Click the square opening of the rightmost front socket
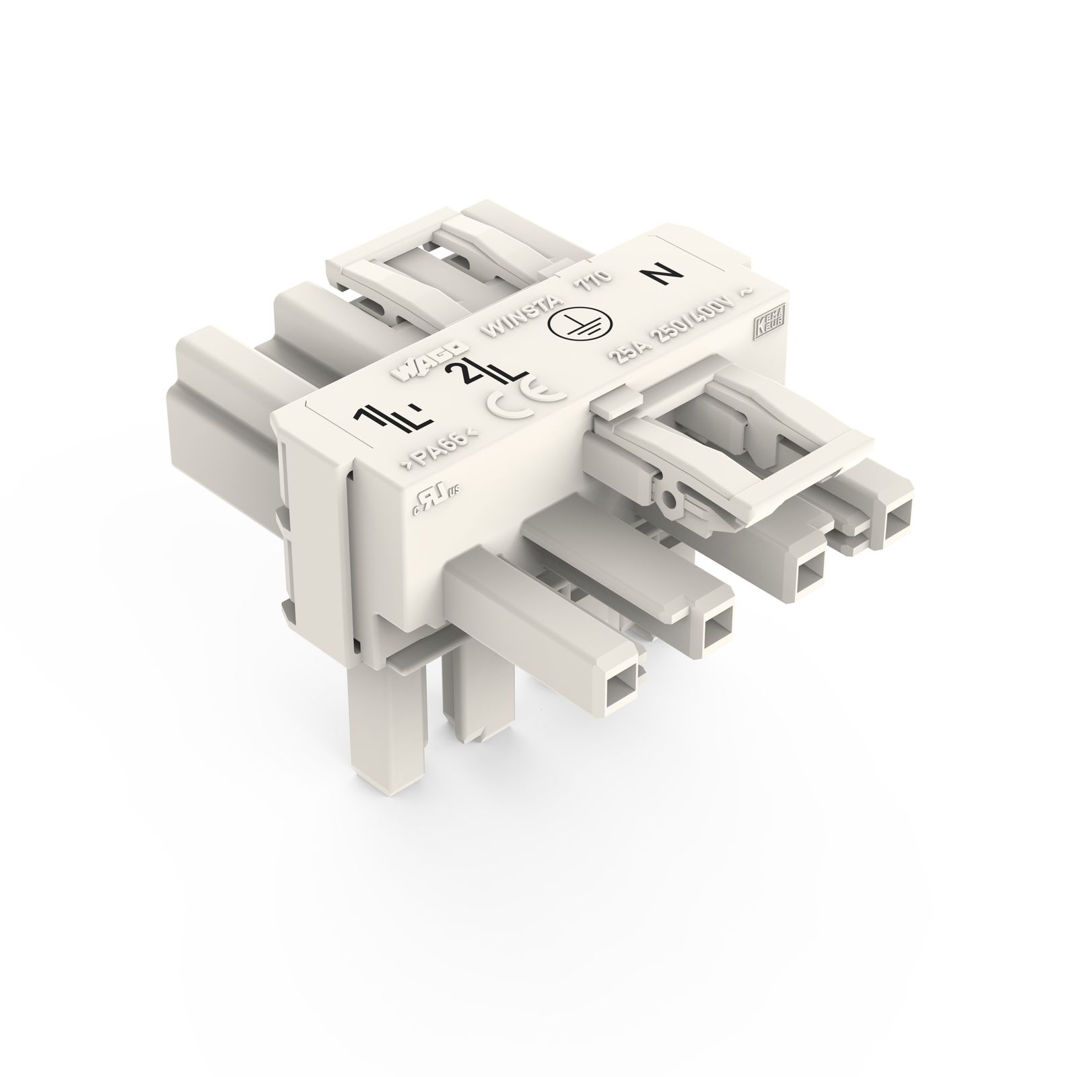click(x=897, y=525)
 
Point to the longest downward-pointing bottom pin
click(x=377, y=740)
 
